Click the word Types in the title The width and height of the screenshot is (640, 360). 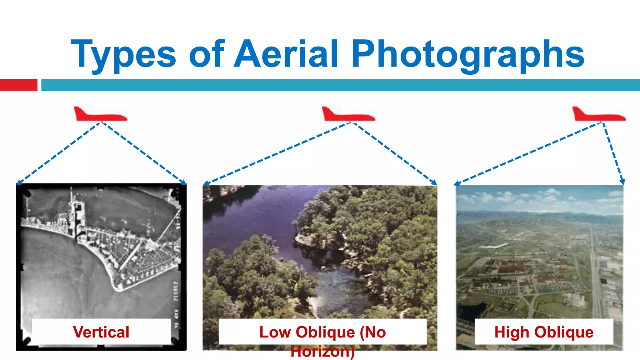click(x=123, y=55)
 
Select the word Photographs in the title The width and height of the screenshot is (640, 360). click(x=468, y=55)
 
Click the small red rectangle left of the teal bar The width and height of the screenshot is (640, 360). click(x=18, y=85)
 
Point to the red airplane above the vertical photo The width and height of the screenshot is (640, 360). click(x=100, y=115)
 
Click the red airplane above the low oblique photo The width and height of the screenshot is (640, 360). click(x=348, y=115)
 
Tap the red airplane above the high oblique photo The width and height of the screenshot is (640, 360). click(x=598, y=115)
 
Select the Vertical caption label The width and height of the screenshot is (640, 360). click(x=101, y=332)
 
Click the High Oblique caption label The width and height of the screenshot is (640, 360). click(x=544, y=332)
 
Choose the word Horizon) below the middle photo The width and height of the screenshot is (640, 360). click(x=322, y=352)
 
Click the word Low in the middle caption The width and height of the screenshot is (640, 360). click(x=275, y=332)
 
